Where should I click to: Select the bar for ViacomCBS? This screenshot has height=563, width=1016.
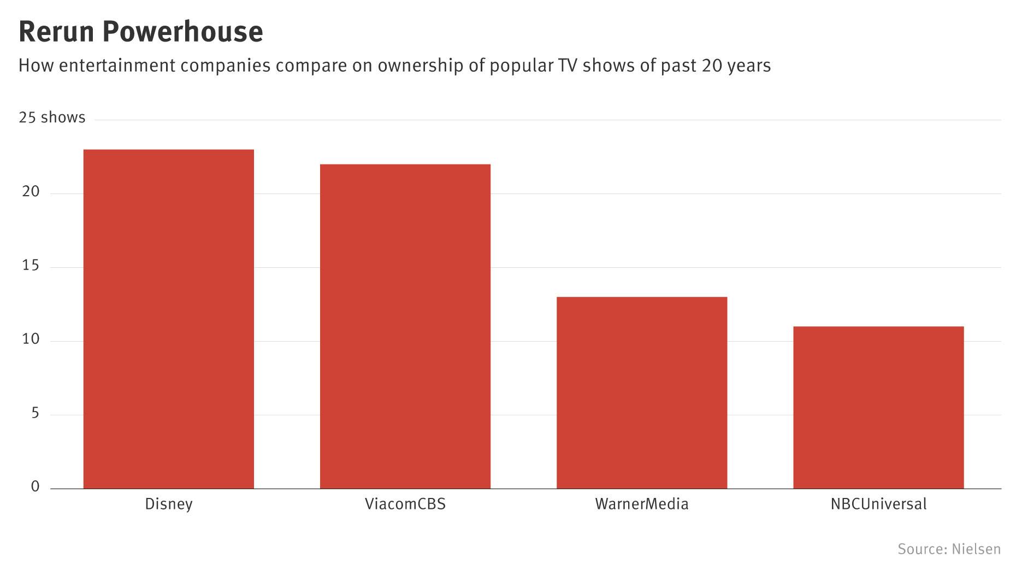pyautogui.click(x=405, y=326)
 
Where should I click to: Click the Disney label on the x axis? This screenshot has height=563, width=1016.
pyautogui.click(x=168, y=503)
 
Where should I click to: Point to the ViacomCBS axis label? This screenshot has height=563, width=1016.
pyautogui.click(x=405, y=503)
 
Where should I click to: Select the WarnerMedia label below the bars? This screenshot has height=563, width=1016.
pyautogui.click(x=642, y=503)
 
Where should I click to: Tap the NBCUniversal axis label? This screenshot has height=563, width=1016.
pyautogui.click(x=878, y=503)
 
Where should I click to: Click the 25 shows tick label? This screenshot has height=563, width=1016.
pyautogui.click(x=52, y=118)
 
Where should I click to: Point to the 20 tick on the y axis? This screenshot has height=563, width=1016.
pyautogui.click(x=31, y=191)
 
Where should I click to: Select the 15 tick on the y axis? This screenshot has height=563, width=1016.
pyautogui.click(x=31, y=266)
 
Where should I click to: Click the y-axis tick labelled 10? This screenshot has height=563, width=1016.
pyautogui.click(x=31, y=339)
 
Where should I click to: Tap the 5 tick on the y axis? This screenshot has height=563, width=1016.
pyautogui.click(x=36, y=413)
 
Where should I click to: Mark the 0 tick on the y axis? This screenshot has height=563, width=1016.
pyautogui.click(x=36, y=486)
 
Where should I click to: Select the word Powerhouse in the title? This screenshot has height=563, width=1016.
pyautogui.click(x=182, y=32)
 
